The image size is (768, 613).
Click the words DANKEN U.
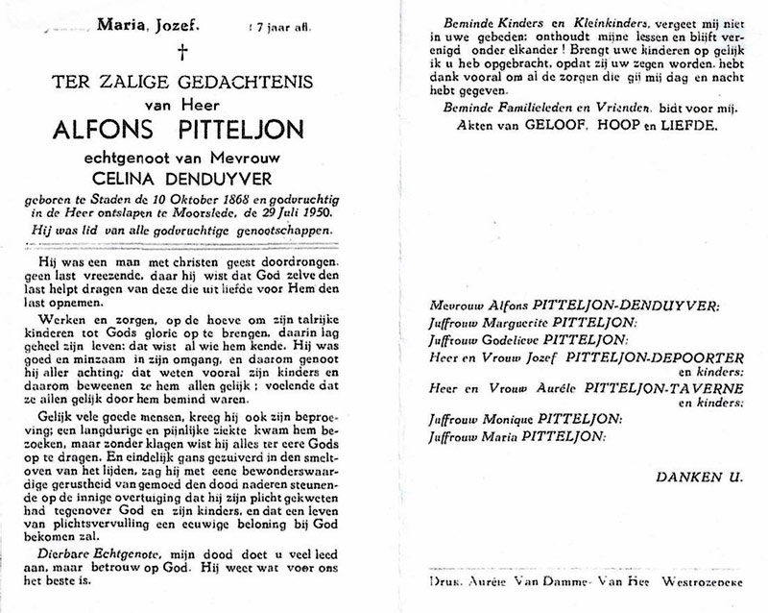688,477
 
